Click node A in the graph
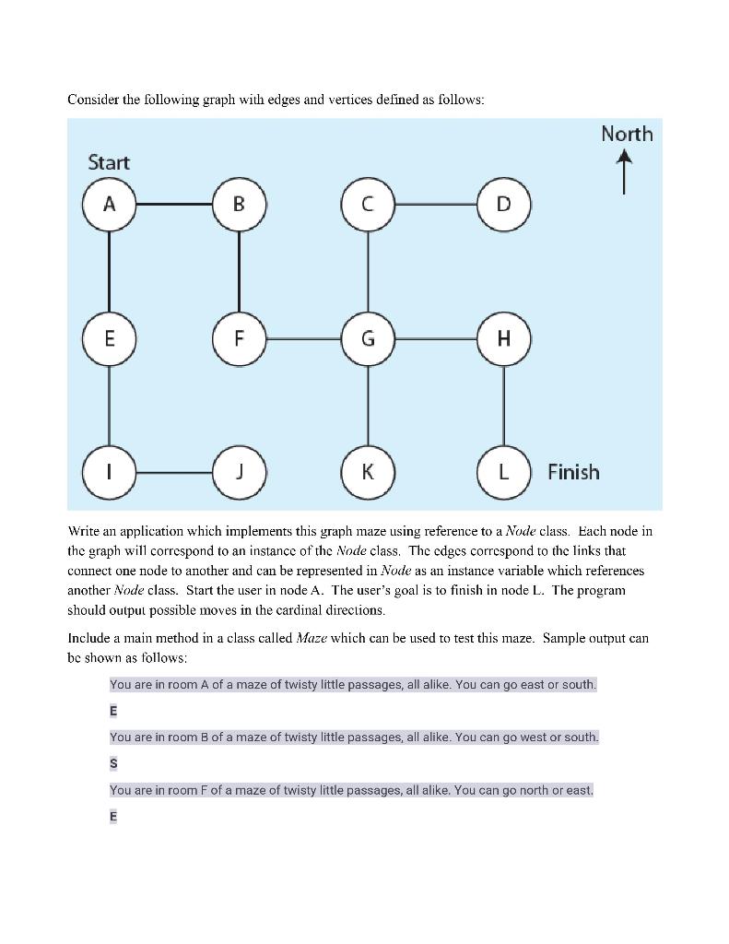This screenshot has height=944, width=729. click(109, 204)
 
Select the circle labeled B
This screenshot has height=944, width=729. click(239, 204)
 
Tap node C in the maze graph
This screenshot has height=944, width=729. click(368, 204)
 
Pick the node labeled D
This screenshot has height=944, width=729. click(503, 204)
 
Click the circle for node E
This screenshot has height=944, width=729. click(109, 338)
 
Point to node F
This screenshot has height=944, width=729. click(239, 338)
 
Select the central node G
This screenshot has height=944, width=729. click(368, 338)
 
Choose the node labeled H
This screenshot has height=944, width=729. click(503, 338)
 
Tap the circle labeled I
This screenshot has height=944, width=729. click(109, 472)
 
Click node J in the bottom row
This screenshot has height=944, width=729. click(239, 472)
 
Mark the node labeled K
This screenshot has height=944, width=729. click(368, 472)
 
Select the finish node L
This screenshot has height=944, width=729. click(503, 472)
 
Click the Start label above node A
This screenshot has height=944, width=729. click(109, 162)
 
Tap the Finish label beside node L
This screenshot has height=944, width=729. click(573, 472)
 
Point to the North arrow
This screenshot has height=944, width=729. click(625, 172)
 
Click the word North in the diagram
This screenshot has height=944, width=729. click(627, 134)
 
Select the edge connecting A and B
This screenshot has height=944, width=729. click(173, 204)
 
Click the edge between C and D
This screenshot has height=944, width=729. click(435, 204)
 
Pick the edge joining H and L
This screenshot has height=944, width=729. click(503, 406)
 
